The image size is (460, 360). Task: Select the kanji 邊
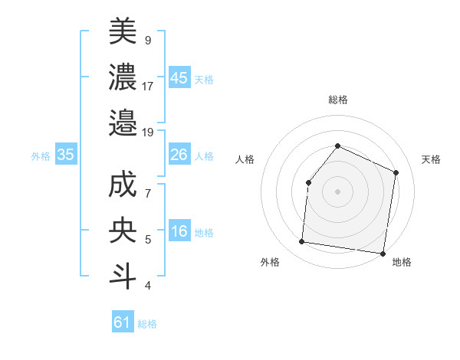click(123, 122)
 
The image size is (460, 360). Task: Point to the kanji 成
click(123, 185)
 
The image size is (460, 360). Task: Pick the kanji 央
click(123, 231)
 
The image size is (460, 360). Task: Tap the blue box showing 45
click(179, 78)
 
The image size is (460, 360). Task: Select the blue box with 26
click(179, 155)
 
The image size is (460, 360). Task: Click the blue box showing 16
click(179, 232)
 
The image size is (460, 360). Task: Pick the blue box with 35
click(65, 155)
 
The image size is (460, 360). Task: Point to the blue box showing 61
click(123, 322)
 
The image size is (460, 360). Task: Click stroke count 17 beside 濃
click(148, 86)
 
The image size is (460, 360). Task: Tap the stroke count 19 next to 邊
click(148, 132)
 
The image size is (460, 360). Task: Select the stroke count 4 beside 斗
click(148, 286)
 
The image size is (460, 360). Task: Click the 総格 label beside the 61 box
click(147, 324)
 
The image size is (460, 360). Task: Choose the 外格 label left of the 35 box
click(41, 156)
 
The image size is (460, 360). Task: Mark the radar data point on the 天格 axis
click(396, 172)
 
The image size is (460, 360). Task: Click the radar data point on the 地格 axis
click(383, 253)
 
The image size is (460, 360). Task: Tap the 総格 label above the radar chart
click(337, 100)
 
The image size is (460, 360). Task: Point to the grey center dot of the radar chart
click(337, 191)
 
